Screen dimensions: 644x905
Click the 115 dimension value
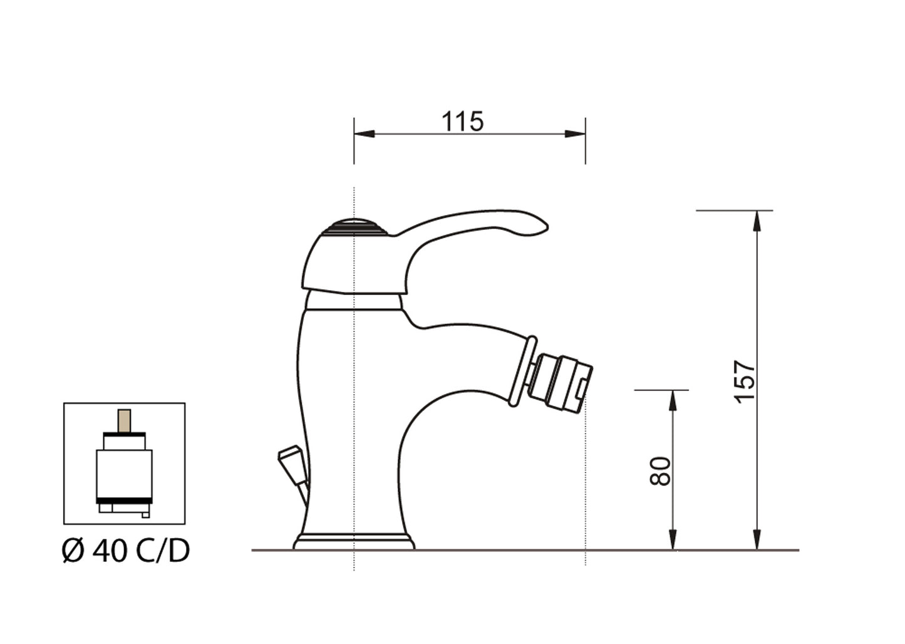[x=463, y=122]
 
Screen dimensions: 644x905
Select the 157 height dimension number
[x=745, y=381]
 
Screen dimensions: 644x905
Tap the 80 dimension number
[x=661, y=470]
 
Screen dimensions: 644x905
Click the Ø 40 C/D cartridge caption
[x=126, y=551]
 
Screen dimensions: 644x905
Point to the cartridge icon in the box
[x=124, y=467]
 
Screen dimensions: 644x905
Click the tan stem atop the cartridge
[x=124, y=421]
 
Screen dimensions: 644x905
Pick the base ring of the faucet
[x=354, y=542]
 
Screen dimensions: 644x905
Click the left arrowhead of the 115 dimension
[x=363, y=134]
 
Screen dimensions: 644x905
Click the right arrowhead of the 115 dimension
[x=576, y=134]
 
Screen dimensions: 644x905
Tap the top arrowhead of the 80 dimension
[x=673, y=400]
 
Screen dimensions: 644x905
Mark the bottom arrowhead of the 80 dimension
[x=673, y=540]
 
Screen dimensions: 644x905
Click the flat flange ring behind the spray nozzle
[x=522, y=371]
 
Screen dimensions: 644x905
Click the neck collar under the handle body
[x=353, y=302]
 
